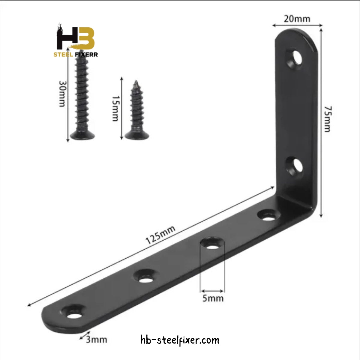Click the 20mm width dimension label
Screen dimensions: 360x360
coord(297,19)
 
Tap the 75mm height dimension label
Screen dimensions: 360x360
coord(328,119)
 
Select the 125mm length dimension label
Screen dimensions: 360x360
coord(160,235)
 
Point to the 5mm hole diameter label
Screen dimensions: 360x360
coord(213,298)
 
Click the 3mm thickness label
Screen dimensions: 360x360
coord(96,339)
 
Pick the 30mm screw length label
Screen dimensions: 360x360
coord(62,94)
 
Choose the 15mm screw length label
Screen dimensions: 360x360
coord(115,109)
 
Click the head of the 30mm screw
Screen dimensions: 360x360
coord(82,135)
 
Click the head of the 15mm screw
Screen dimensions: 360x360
coord(137,135)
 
